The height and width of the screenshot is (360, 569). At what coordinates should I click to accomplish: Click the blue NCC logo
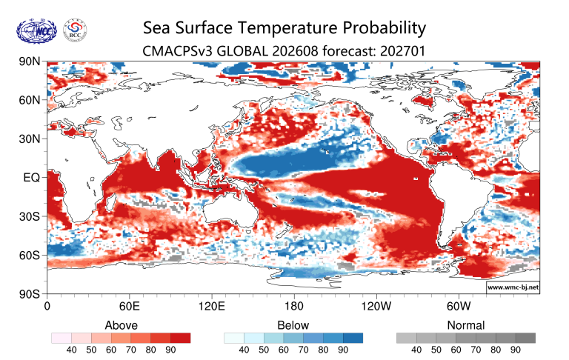(36, 32)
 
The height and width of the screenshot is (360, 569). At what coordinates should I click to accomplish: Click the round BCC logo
(75, 30)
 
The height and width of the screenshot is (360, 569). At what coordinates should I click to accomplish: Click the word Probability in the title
(376, 28)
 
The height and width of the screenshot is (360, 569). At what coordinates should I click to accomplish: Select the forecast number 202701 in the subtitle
(402, 51)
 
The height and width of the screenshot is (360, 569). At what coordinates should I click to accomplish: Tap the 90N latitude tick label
(30, 61)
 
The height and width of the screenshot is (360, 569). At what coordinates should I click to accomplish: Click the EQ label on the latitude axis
(32, 178)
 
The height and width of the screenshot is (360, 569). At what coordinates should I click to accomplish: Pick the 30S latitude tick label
(30, 216)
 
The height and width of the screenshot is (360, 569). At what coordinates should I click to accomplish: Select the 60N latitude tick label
(30, 100)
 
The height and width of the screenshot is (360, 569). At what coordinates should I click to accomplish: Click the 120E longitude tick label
(212, 306)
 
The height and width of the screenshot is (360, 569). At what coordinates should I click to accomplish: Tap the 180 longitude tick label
(293, 306)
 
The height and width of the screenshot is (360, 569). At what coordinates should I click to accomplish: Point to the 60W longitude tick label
(459, 306)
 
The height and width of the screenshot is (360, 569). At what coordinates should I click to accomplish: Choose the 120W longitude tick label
(376, 306)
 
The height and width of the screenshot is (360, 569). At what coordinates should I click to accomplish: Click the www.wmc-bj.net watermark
(513, 287)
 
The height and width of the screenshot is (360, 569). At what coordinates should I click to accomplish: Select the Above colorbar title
(122, 325)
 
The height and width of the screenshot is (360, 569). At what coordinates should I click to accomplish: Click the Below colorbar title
(293, 325)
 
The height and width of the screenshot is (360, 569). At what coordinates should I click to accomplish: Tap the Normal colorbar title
(466, 325)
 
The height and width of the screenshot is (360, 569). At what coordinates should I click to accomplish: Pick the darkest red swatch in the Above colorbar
(180, 339)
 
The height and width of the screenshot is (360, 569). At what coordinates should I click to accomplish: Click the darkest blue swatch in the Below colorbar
(353, 339)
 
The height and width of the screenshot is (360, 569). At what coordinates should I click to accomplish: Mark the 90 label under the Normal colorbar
(516, 350)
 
